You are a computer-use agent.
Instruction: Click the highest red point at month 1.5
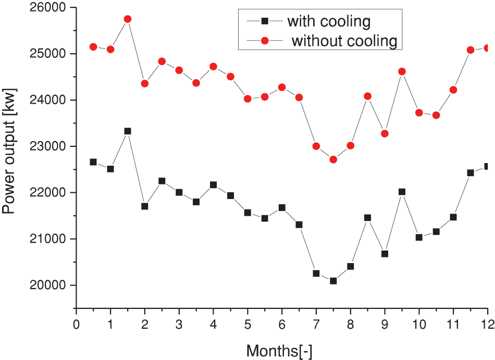tap(128, 19)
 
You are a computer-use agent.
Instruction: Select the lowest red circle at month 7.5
tap(333, 159)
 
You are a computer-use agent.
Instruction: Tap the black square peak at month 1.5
tap(128, 131)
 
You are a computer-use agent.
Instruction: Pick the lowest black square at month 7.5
tap(333, 281)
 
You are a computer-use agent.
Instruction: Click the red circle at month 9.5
tap(402, 71)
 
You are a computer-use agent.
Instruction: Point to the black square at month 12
tap(487, 166)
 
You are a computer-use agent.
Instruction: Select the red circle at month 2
tap(145, 83)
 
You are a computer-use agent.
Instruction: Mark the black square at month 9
tap(385, 254)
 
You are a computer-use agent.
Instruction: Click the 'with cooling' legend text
tap(329, 21)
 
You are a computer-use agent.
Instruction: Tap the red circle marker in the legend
tap(264, 40)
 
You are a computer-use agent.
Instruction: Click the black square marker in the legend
tap(264, 21)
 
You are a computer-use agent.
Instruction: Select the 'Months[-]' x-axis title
tap(279, 350)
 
